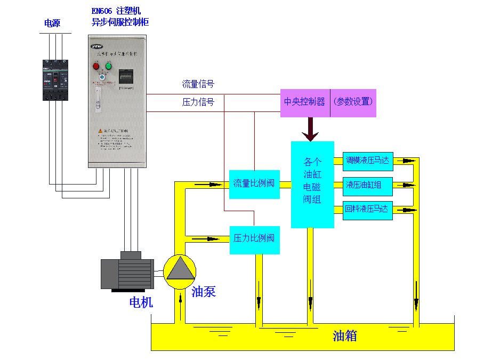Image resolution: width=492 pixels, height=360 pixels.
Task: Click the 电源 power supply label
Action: tap(52, 23)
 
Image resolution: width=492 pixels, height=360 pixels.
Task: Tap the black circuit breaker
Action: tap(56, 80)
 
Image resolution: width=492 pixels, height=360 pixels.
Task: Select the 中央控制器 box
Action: tap(304, 102)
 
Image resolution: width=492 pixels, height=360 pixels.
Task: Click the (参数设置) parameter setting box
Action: tap(353, 102)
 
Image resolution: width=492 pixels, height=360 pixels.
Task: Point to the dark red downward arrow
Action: tap(310, 130)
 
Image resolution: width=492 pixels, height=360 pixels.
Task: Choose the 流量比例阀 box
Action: tap(254, 184)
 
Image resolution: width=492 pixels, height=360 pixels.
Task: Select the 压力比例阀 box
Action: tap(254, 238)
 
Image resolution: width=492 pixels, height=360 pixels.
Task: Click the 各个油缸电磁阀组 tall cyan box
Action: tap(312, 184)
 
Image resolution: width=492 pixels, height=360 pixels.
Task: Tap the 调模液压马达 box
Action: tap(367, 160)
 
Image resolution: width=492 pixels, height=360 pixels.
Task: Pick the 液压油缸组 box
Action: tap(367, 185)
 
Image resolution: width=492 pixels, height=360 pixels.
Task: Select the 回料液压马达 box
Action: tap(367, 209)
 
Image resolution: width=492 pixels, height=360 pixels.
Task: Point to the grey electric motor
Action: tap(128, 272)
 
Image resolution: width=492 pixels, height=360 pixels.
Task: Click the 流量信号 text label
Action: tap(198, 84)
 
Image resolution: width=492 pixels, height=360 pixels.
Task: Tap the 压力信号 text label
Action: tap(198, 102)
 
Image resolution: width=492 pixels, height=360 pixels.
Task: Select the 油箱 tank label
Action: tap(344, 335)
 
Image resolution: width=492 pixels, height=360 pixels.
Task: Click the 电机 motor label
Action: tap(141, 302)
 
